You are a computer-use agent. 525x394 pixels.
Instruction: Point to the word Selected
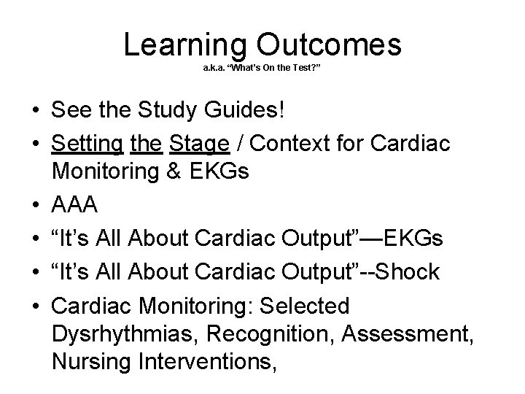(x=298, y=305)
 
